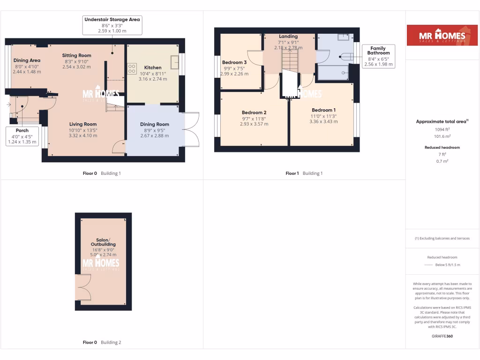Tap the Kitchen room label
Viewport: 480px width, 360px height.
[x=153, y=67]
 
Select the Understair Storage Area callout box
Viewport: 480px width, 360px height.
[x=112, y=25]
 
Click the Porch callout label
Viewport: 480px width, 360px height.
[x=22, y=136]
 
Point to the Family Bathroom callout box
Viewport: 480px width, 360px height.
[x=378, y=56]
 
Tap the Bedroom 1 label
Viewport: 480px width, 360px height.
[x=323, y=110]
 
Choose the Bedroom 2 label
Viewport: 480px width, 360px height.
[x=254, y=112]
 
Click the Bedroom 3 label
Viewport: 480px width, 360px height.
[x=234, y=62]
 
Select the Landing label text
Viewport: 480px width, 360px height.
[x=288, y=37]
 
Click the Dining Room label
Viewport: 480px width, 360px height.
[x=155, y=124]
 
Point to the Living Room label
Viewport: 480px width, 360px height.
[x=83, y=124]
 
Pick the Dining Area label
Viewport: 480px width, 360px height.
[x=27, y=60]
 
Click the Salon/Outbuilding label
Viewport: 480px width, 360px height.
[x=103, y=242]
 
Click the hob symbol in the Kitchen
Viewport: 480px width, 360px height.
[x=131, y=68]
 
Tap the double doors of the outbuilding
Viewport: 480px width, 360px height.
[x=83, y=287]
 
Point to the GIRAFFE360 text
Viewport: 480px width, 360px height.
[x=442, y=336]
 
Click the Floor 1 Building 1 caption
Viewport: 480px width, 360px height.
[x=304, y=173]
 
